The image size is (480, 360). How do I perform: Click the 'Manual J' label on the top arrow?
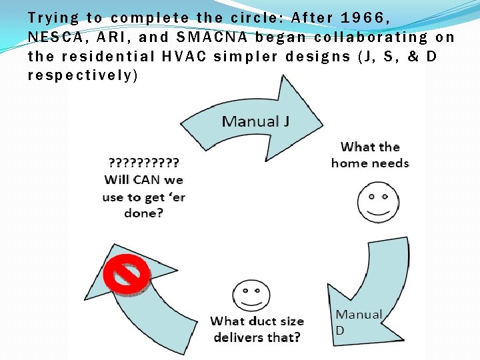tap(250, 121)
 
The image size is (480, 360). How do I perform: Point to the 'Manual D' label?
tap(359, 322)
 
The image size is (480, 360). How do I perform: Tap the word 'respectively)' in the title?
tap(83, 75)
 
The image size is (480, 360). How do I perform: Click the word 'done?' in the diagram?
tap(143, 213)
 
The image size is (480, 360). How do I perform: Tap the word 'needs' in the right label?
tap(389, 163)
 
